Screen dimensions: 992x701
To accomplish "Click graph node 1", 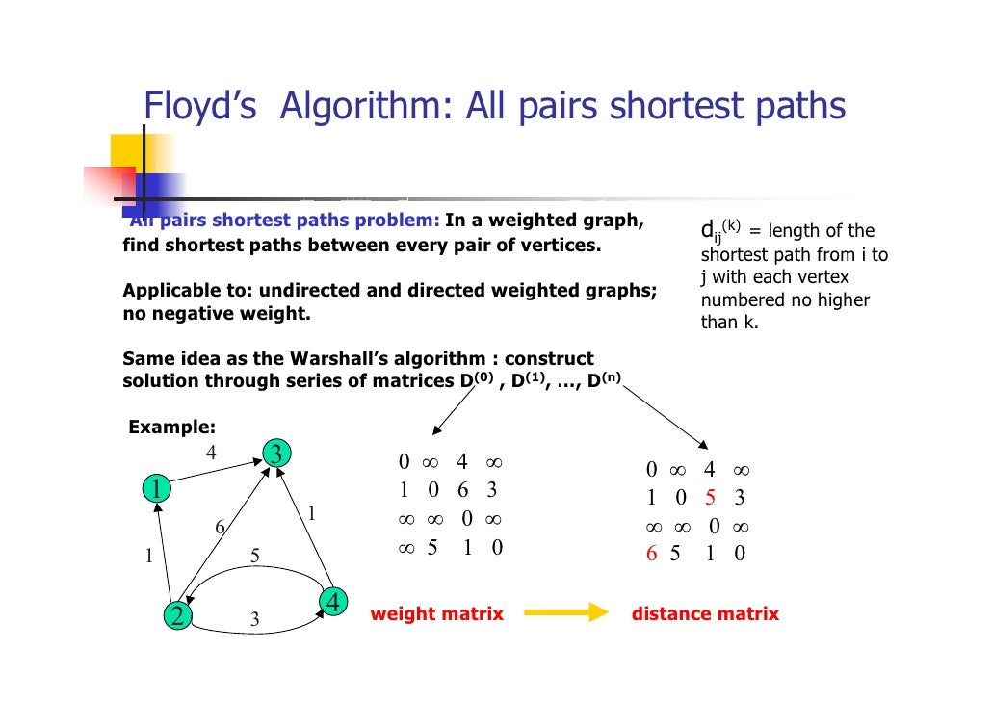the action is (x=154, y=489).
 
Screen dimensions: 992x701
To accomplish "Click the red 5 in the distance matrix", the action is (x=710, y=498).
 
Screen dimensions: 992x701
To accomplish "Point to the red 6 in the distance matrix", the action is (x=652, y=554).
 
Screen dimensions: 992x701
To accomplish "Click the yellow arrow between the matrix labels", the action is (x=566, y=613).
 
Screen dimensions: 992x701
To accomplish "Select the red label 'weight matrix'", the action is (x=437, y=613).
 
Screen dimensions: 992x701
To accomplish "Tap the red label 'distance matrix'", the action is (x=705, y=613).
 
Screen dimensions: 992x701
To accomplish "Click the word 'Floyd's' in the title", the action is (x=199, y=106).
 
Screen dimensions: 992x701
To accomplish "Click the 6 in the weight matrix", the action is (x=462, y=490).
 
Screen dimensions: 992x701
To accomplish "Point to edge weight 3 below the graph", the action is (x=254, y=620).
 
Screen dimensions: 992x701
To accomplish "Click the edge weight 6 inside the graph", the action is (x=220, y=527).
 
